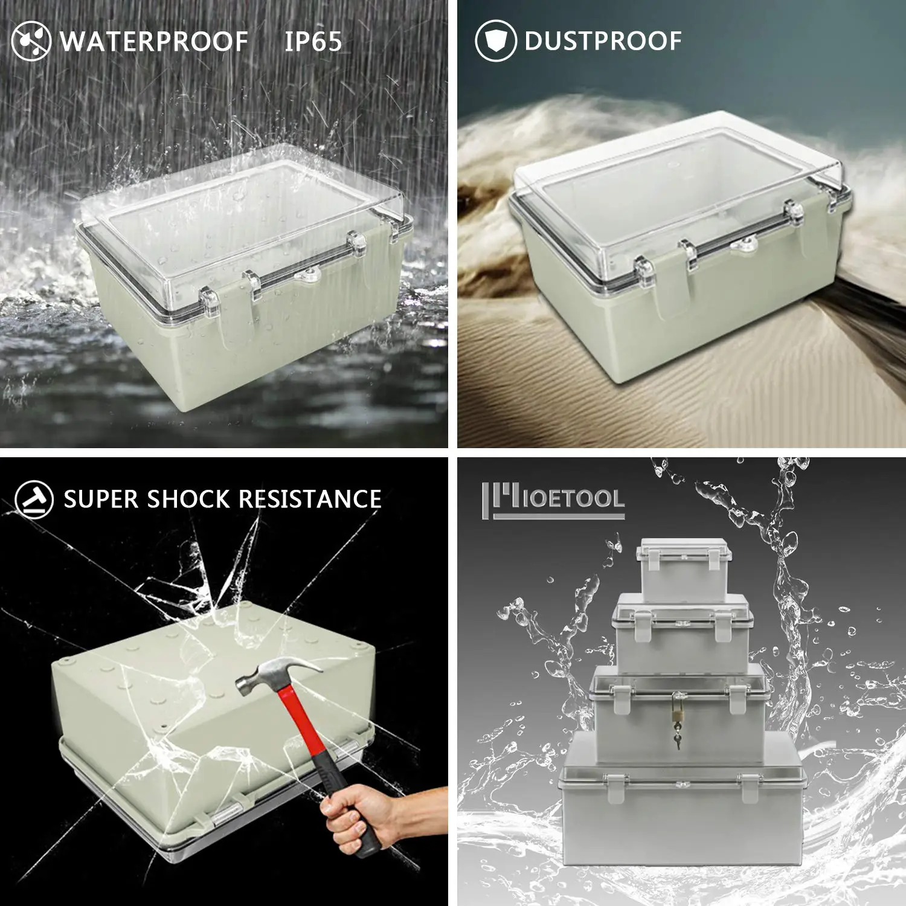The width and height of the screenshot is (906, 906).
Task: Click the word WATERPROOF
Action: [x=154, y=42]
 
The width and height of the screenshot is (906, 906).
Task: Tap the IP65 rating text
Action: [x=313, y=42]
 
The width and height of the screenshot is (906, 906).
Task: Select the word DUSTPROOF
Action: [x=603, y=41]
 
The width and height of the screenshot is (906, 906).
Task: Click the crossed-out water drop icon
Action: [x=31, y=41]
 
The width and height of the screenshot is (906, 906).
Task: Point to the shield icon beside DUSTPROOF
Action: [x=495, y=41]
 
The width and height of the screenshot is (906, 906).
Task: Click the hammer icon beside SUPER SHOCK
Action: [x=34, y=499]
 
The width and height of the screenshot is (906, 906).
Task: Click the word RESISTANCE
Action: [x=310, y=500]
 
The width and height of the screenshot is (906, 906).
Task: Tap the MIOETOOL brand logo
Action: [x=553, y=500]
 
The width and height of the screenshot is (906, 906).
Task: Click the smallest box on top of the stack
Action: [x=684, y=571]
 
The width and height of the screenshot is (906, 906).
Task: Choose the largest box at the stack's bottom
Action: [x=683, y=809]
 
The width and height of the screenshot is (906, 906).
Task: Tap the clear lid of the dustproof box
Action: [x=676, y=181]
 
